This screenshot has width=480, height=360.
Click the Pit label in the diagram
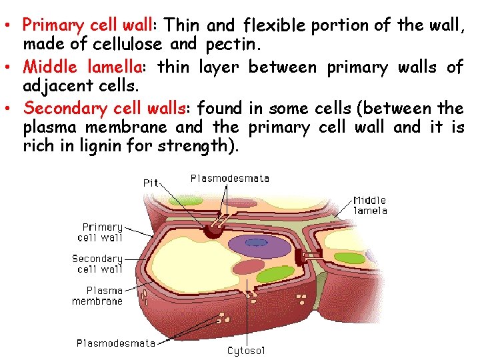[x=151, y=182]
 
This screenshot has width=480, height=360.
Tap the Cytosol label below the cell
[x=246, y=349]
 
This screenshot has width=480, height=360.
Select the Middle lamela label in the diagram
[x=369, y=205]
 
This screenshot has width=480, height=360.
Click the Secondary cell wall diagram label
[x=97, y=263]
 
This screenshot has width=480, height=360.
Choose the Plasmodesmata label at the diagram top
[x=230, y=178]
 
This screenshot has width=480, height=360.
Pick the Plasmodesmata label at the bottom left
[x=115, y=343]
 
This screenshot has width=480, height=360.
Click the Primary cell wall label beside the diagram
[x=101, y=231]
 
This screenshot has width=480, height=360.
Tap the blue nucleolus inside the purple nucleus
[x=257, y=243]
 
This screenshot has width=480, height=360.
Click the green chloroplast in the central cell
[x=275, y=274]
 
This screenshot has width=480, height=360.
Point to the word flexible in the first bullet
[x=274, y=25]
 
